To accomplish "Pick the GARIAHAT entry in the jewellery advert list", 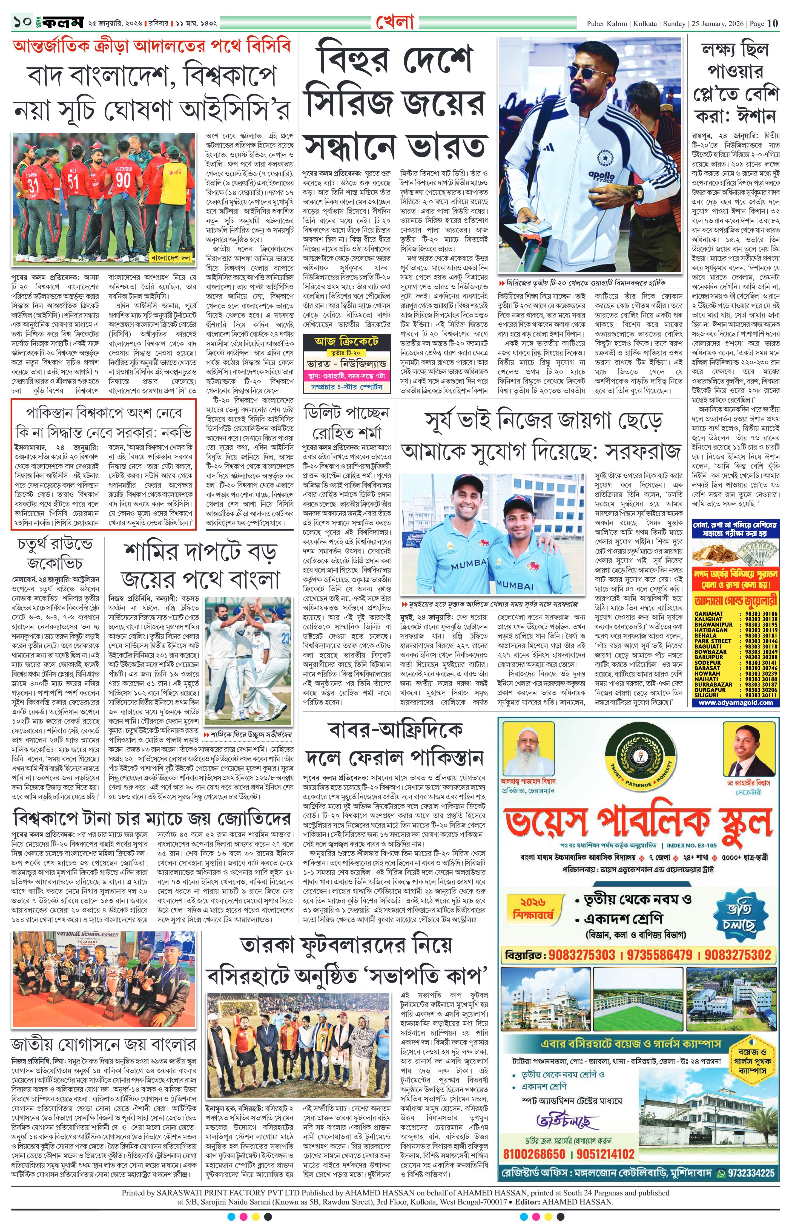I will pyautogui.click(x=709, y=613).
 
